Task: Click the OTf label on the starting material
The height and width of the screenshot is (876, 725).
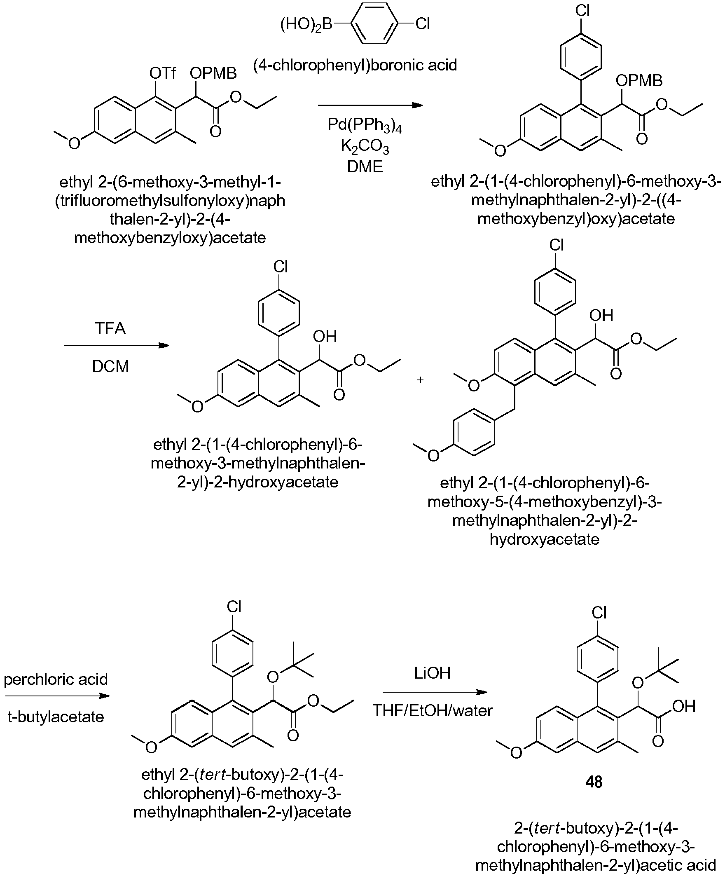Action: [x=163, y=73]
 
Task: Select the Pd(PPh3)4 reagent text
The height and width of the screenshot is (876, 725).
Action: [x=365, y=125]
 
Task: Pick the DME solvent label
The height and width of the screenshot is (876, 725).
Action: [x=365, y=166]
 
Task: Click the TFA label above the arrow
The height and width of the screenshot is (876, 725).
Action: [x=110, y=328]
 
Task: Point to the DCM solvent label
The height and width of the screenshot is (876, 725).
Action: [x=110, y=366]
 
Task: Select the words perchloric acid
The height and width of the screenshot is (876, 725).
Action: [x=56, y=679]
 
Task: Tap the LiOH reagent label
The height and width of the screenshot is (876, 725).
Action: [x=432, y=673]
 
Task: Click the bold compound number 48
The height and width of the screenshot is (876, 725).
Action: [x=594, y=781]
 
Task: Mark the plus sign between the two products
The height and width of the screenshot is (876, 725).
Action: [x=420, y=380]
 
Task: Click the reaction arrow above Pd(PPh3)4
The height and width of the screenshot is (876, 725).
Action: [x=370, y=105]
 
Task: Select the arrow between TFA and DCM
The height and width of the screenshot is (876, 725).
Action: [x=117, y=345]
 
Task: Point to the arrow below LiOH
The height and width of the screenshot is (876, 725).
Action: [x=435, y=692]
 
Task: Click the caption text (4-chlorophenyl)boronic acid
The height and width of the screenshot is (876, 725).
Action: [x=355, y=65]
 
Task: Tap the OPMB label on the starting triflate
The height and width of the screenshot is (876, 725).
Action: [x=213, y=73]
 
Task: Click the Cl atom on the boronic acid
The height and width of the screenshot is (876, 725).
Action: [x=422, y=24]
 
